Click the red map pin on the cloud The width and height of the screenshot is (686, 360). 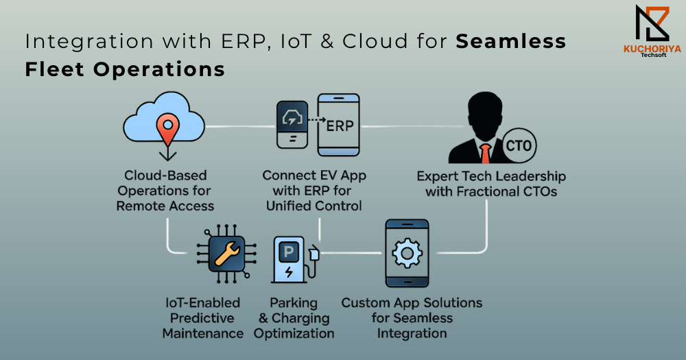[x=167, y=128]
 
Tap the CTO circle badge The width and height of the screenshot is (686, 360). [x=519, y=145]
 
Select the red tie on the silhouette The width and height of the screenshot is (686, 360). [x=485, y=154]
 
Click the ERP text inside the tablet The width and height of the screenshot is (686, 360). [x=340, y=126]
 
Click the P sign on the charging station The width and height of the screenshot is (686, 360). [x=289, y=252]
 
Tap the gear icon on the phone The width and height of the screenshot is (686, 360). [x=407, y=253]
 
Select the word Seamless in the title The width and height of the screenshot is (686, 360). [x=511, y=41]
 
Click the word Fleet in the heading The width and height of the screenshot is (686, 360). [x=54, y=69]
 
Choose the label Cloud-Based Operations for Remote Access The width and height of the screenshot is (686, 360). [x=165, y=191]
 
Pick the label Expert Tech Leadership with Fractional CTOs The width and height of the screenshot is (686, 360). [x=491, y=184]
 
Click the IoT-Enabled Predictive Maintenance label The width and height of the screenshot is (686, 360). [x=202, y=318]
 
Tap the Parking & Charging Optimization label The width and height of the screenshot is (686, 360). [x=294, y=318]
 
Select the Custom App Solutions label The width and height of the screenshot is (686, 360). [x=412, y=318]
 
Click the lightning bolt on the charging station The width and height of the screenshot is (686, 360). [x=289, y=272]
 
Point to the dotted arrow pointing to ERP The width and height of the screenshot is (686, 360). [x=317, y=119]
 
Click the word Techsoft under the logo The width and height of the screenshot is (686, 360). [x=653, y=55]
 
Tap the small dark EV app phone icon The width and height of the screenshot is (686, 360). [x=292, y=125]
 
